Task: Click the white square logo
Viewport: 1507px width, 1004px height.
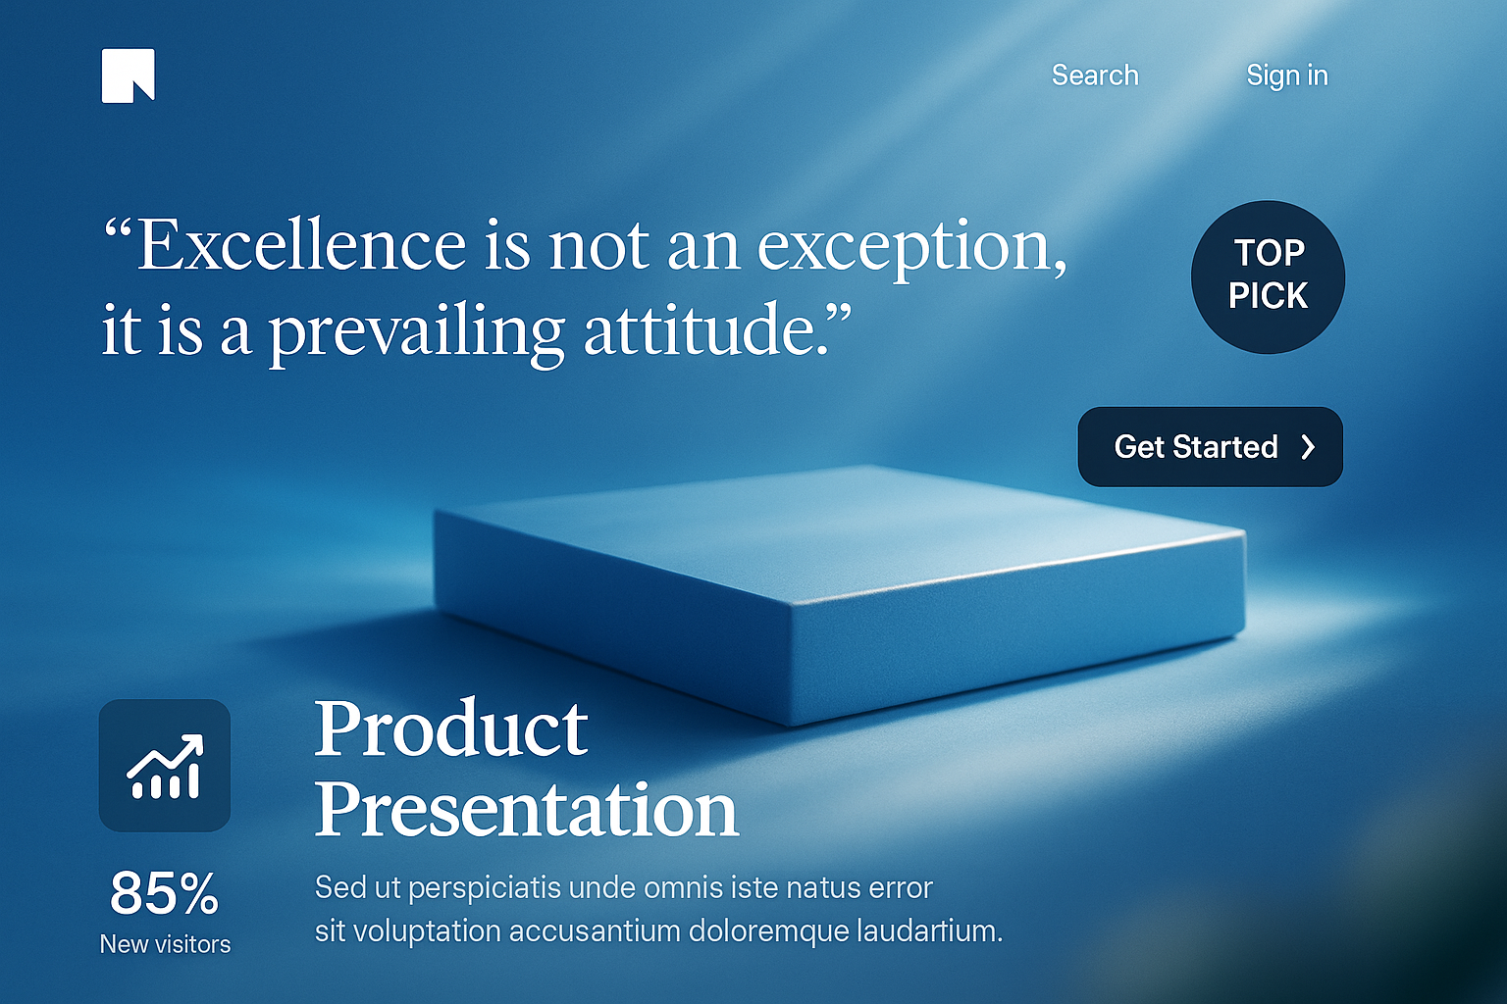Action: pos(128,75)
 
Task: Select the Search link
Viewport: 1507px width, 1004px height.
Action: pos(1095,75)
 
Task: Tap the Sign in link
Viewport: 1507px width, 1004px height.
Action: pos(1287,75)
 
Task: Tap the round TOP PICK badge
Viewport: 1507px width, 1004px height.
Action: pos(1268,277)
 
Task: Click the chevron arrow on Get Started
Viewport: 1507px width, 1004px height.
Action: pos(1308,447)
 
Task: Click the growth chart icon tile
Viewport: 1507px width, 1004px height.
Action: pos(165,766)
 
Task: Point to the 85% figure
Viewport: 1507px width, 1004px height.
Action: pos(165,893)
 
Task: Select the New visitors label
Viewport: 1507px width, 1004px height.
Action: pos(165,944)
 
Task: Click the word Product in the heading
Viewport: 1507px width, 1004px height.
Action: pos(451,728)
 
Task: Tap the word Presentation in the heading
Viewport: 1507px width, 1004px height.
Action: pos(527,810)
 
